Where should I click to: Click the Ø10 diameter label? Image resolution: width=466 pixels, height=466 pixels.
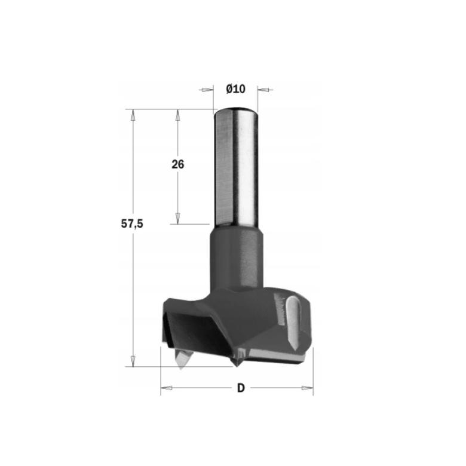(x=236, y=89)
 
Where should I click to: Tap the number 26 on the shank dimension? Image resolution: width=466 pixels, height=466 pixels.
(x=178, y=164)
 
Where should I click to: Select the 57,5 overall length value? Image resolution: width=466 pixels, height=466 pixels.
(x=132, y=223)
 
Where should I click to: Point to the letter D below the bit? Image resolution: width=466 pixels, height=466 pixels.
(x=240, y=388)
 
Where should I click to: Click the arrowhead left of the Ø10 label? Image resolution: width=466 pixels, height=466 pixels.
(x=207, y=90)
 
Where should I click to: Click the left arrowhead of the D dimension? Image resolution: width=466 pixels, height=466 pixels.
(x=167, y=388)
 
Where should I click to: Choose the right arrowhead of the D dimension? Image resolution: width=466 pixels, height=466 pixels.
(x=307, y=388)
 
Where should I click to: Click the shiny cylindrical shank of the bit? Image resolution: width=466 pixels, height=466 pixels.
(x=235, y=167)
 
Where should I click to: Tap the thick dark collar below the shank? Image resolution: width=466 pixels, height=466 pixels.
(x=235, y=257)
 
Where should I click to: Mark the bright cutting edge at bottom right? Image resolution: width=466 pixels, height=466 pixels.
(x=281, y=357)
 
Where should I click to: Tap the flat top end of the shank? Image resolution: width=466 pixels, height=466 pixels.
(x=235, y=110)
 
